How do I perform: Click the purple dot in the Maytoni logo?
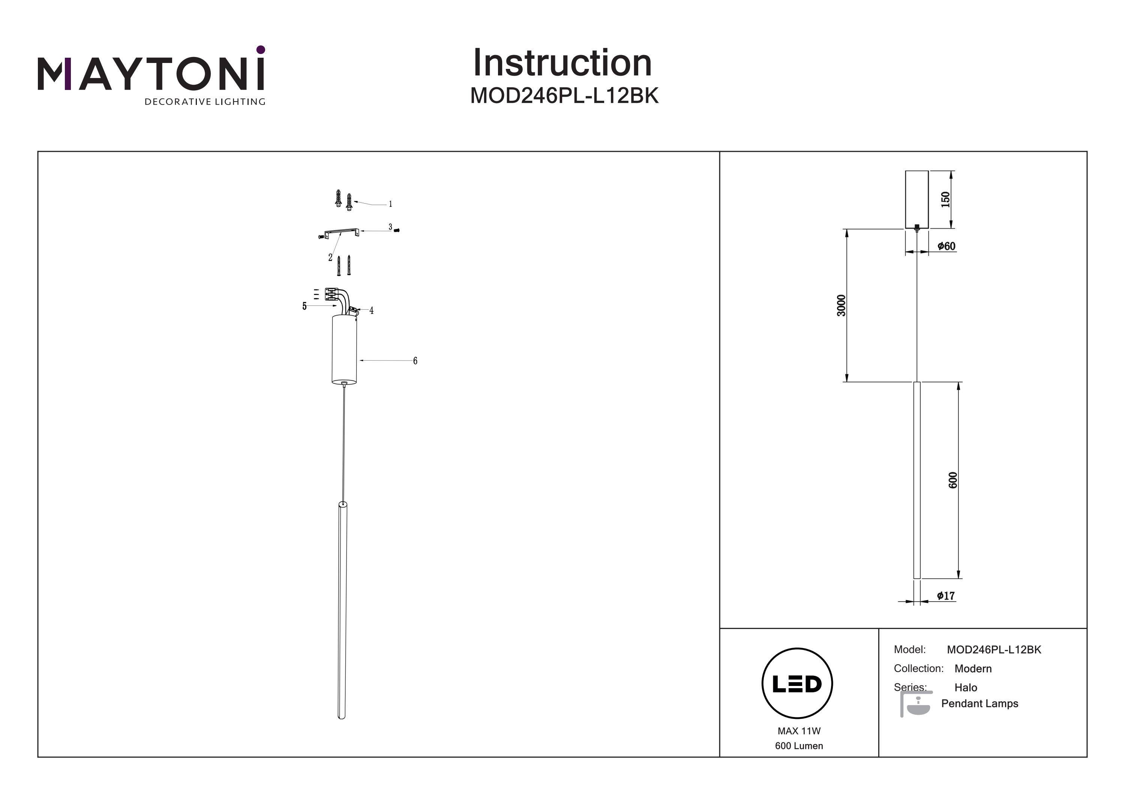[261, 49]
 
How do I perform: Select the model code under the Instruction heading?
[564, 96]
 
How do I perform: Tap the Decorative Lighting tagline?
[204, 102]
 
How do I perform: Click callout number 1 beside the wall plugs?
[390, 204]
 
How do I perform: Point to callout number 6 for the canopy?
[415, 361]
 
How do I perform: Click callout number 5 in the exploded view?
[304, 306]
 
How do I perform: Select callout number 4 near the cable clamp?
[371, 311]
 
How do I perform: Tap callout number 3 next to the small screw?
[390, 227]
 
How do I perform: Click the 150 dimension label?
[945, 199]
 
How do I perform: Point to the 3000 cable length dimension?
[841, 305]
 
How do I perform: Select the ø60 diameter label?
[946, 246]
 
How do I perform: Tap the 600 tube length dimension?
[952, 480]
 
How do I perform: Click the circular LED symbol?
[797, 684]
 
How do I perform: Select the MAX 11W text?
[799, 731]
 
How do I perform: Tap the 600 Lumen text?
[799, 746]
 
